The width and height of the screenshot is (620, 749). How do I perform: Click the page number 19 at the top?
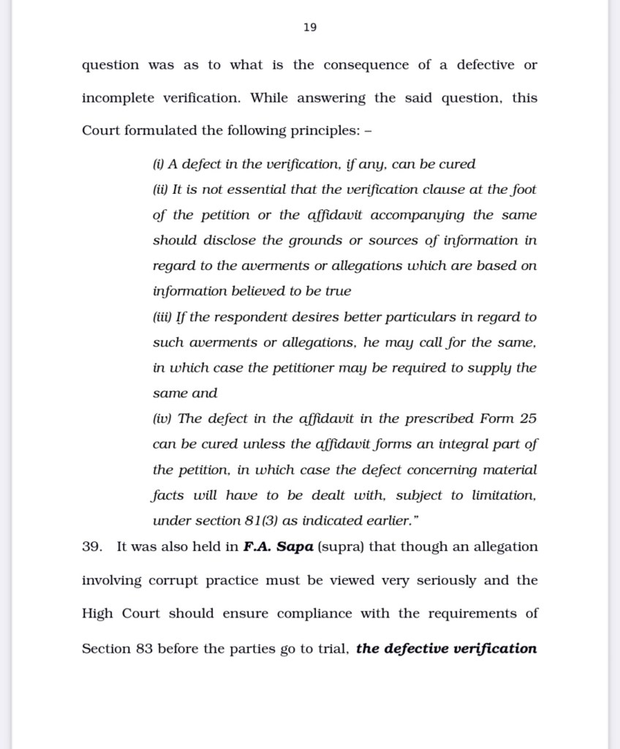(x=309, y=27)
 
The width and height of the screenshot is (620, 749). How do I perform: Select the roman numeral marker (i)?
(x=158, y=165)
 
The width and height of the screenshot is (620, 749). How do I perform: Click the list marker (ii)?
(x=160, y=190)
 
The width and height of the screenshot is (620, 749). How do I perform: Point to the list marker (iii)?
(x=162, y=317)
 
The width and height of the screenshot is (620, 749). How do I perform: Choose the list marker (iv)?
(x=162, y=419)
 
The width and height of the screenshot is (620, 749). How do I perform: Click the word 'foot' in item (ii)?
(x=524, y=189)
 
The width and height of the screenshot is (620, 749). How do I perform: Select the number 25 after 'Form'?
(x=528, y=419)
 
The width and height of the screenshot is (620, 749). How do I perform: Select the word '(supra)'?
(x=335, y=547)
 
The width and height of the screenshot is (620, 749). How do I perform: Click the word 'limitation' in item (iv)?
(x=504, y=495)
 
